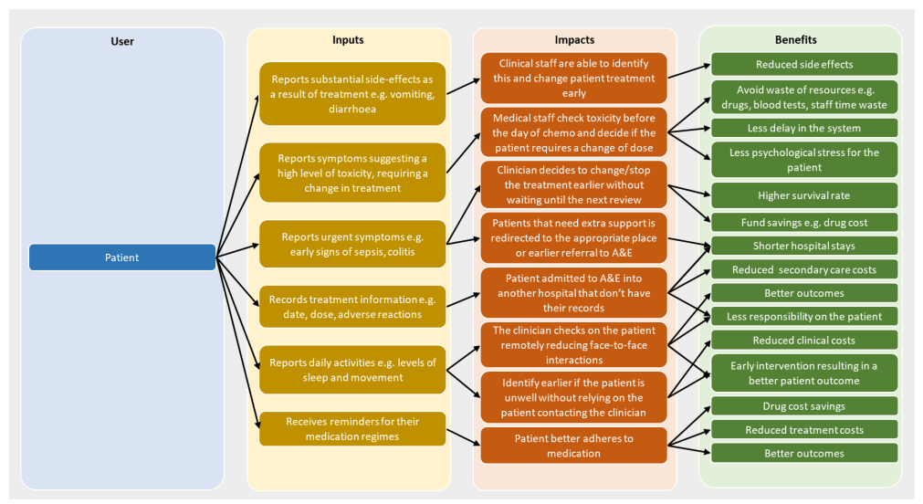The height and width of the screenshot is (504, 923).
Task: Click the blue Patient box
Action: click(121, 257)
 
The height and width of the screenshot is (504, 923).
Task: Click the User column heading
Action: click(121, 41)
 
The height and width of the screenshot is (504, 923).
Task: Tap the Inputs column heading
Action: click(348, 40)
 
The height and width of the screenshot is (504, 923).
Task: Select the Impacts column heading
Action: click(574, 40)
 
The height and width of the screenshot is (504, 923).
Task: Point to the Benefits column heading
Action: click(795, 40)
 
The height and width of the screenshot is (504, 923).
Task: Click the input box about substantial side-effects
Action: click(351, 92)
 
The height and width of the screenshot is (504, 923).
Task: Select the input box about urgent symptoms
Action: click(351, 246)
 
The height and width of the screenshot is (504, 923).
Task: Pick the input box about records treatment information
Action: click(351, 307)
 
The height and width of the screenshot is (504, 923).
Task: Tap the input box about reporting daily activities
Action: click(351, 370)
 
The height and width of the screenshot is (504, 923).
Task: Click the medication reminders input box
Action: click(351, 428)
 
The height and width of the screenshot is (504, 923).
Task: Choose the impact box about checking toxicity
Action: click(574, 132)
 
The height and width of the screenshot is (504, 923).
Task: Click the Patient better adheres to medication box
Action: click(574, 446)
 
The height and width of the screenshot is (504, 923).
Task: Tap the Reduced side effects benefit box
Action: click(804, 64)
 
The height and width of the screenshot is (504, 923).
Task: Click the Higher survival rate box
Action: click(804, 195)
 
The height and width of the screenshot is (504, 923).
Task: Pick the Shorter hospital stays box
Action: click(804, 246)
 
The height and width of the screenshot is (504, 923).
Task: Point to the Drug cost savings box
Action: click(804, 406)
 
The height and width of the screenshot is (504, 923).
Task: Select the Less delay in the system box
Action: click(804, 127)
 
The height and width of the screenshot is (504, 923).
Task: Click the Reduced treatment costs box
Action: click(804, 430)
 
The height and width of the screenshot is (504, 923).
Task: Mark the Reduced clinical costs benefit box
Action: click(804, 341)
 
